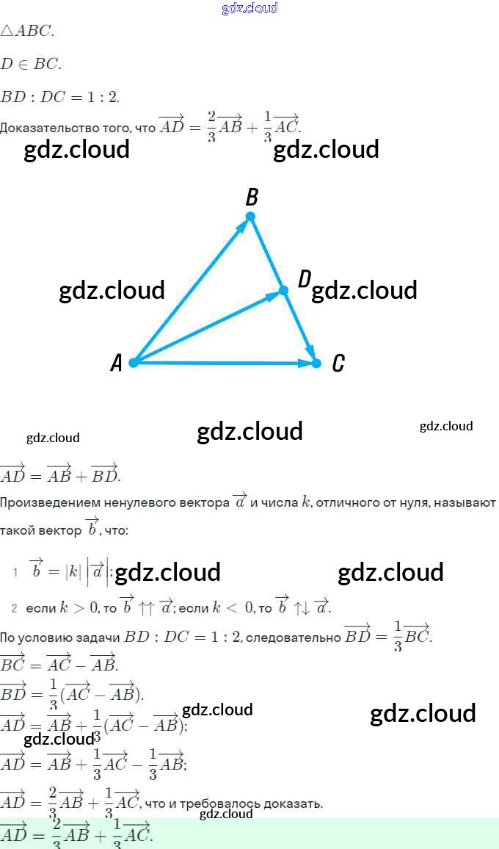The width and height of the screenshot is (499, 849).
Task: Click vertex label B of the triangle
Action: click(252, 197)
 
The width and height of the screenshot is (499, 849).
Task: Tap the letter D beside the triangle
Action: click(305, 278)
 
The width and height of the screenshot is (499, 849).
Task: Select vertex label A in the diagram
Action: click(116, 363)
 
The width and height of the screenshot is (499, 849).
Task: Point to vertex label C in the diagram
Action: click(338, 363)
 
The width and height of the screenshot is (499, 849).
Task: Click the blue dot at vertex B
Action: click(250, 216)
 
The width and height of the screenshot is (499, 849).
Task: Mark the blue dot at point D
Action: click(284, 291)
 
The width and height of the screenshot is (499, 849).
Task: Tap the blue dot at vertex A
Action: click(134, 363)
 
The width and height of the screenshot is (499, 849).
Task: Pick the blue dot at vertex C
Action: click(317, 363)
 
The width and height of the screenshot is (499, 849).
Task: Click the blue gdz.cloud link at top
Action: click(249, 8)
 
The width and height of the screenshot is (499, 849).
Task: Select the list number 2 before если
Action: click(14, 608)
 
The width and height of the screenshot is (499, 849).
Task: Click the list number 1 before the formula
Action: click(15, 572)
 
